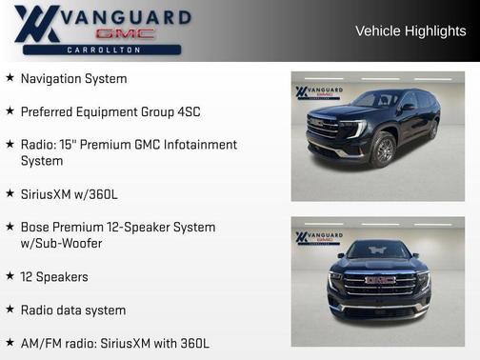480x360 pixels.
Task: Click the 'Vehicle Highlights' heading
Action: pos(410,31)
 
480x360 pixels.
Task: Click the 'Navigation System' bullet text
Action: pos(73,79)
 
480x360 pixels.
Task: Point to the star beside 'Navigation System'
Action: pos(10,78)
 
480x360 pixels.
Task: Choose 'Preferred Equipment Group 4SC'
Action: pos(110,111)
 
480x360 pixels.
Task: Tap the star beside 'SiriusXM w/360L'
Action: pos(10,193)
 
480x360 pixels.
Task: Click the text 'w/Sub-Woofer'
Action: pos(61,244)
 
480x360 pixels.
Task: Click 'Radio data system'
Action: pos(73,310)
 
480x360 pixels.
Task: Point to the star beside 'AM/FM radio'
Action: pos(10,342)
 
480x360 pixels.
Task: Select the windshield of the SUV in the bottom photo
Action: pos(378,251)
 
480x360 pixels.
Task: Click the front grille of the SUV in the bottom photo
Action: pos(379,284)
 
